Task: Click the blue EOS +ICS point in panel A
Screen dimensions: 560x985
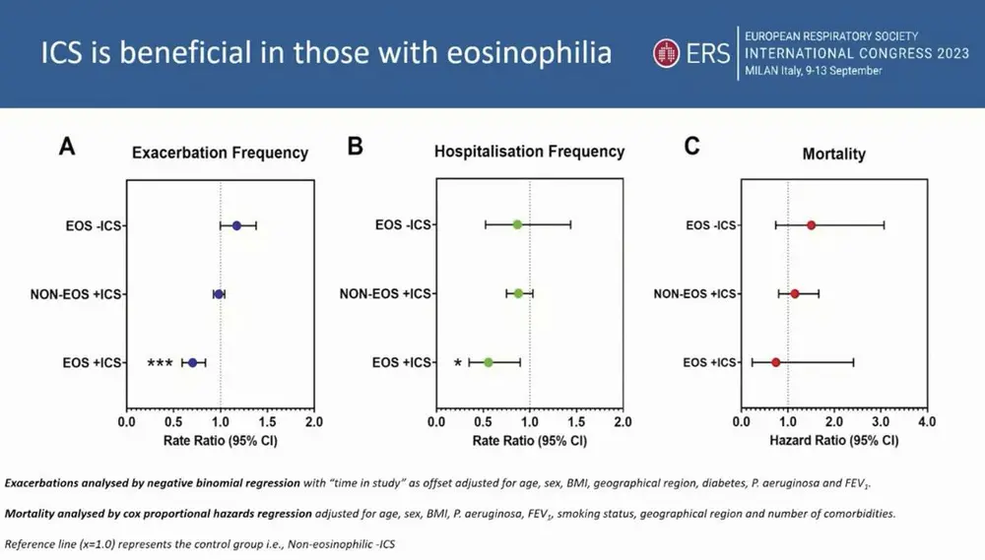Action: pyautogui.click(x=193, y=363)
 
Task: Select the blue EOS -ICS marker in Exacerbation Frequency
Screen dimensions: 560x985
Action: pyautogui.click(x=236, y=225)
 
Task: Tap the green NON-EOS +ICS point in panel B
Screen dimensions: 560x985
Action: pyautogui.click(x=518, y=293)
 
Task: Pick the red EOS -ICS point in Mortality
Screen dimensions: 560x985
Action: pyautogui.click(x=811, y=225)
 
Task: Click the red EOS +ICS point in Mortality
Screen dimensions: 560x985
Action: pyautogui.click(x=775, y=363)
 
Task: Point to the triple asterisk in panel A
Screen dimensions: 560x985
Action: pyautogui.click(x=160, y=364)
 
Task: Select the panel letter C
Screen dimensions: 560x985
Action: pyautogui.click(x=691, y=147)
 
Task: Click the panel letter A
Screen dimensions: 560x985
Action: pyautogui.click(x=67, y=147)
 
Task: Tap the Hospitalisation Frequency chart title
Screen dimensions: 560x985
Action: pyautogui.click(x=529, y=152)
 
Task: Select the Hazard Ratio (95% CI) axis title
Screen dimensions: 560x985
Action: pyautogui.click(x=833, y=441)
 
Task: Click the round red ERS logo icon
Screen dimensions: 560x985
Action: pyautogui.click(x=666, y=53)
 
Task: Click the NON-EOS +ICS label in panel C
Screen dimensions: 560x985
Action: pyautogui.click(x=695, y=294)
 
